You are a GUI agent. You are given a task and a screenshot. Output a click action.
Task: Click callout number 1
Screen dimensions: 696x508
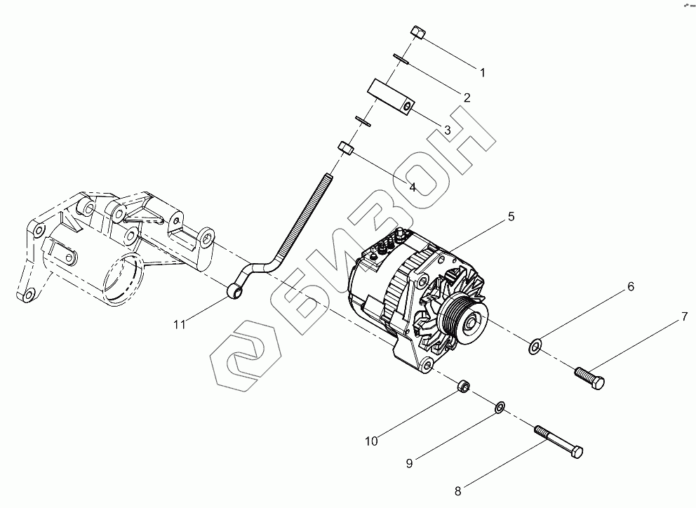pyautogui.click(x=483, y=72)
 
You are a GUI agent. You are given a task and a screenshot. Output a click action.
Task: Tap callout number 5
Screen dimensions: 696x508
pyautogui.click(x=511, y=217)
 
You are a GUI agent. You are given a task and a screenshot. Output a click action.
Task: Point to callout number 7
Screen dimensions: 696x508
pyautogui.click(x=683, y=318)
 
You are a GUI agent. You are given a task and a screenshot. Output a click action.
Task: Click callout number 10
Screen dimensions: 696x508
pyautogui.click(x=371, y=441)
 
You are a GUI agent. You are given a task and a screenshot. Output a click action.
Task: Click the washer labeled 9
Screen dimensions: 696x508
pyautogui.click(x=500, y=407)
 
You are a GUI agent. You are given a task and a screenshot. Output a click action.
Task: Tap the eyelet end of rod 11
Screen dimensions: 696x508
pyautogui.click(x=236, y=288)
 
